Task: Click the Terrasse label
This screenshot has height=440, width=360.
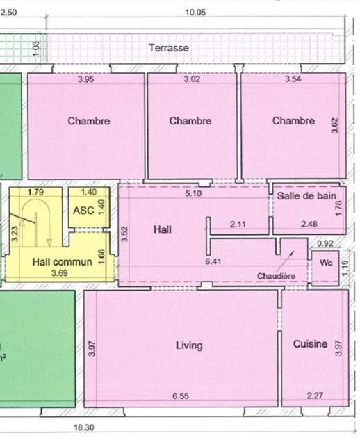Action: click(x=169, y=48)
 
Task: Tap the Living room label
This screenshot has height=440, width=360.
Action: click(x=189, y=345)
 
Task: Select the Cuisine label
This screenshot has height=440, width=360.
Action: click(x=310, y=344)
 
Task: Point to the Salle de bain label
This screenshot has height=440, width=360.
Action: click(x=306, y=196)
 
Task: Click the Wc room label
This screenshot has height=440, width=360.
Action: click(x=326, y=263)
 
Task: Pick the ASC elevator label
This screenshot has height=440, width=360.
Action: click(x=83, y=211)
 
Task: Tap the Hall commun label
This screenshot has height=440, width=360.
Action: click(x=62, y=262)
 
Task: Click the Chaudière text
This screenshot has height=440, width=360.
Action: click(x=276, y=276)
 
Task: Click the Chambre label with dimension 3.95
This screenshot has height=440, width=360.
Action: click(x=89, y=121)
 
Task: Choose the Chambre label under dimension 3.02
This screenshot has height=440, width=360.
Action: click(x=190, y=121)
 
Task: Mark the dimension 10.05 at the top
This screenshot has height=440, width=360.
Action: click(x=195, y=13)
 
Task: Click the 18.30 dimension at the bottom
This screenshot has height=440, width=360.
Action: click(x=84, y=427)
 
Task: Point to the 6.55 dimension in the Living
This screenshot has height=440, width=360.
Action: click(x=181, y=396)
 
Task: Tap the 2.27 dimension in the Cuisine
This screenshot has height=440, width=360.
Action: click(x=315, y=396)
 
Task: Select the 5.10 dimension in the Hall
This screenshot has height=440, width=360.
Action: click(x=193, y=193)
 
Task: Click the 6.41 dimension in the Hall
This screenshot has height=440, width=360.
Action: click(x=213, y=261)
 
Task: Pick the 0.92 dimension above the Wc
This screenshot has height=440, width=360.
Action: click(x=325, y=243)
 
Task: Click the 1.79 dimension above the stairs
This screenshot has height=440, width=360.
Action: click(x=36, y=193)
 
